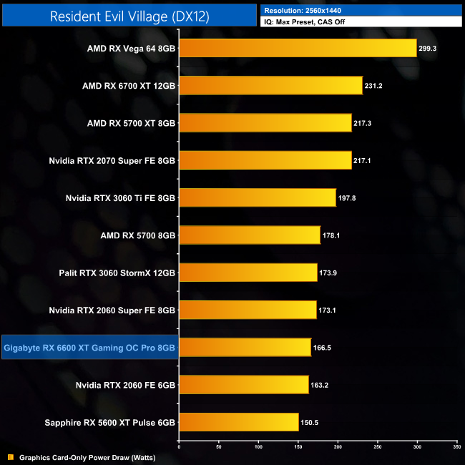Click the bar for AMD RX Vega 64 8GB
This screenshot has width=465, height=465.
(297, 48)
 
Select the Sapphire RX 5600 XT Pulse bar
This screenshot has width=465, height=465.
(238, 422)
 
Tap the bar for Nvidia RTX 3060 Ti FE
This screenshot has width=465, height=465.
(257, 197)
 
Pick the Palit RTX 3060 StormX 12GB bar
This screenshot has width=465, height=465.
(248, 273)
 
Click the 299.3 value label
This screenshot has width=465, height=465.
(429, 49)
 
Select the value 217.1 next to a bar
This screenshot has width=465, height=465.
(363, 161)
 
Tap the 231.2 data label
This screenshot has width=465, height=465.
(374, 86)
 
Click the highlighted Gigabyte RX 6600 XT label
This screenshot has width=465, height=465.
(89, 348)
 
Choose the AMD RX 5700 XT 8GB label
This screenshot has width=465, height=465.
(131, 123)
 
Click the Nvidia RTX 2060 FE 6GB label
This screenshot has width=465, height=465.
(125, 385)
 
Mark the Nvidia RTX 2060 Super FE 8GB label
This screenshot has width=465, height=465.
(112, 310)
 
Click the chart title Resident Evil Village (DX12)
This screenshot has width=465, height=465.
(129, 16)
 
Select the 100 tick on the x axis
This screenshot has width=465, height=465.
(258, 447)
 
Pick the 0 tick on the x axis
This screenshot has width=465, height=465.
(179, 447)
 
